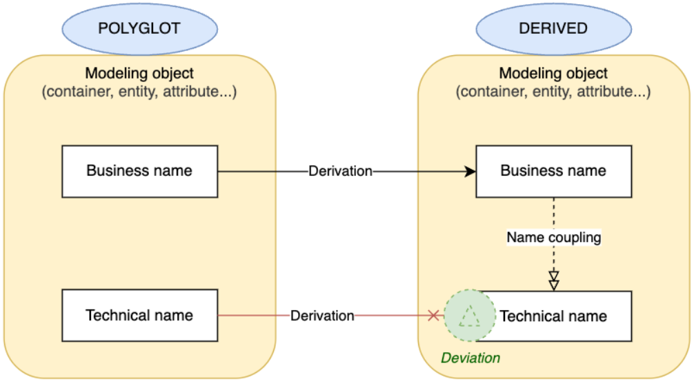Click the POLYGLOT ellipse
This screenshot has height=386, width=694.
point(139,28)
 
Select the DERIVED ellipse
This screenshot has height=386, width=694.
point(554,28)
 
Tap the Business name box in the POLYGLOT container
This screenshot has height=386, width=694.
point(139,171)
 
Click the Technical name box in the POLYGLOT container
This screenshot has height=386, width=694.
point(139,316)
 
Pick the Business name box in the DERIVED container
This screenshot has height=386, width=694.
point(553,171)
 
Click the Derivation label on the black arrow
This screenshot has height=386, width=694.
point(341,171)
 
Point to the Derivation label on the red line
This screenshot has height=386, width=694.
point(322,316)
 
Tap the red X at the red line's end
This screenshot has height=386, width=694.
point(433,316)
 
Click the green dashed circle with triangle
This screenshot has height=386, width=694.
point(470,316)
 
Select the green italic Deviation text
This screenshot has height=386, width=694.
point(470,358)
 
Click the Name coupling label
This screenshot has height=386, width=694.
point(554,237)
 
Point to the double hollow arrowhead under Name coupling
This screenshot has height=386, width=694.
point(553,281)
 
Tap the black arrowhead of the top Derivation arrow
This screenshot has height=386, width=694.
point(470,171)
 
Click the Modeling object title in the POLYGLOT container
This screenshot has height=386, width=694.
point(139,73)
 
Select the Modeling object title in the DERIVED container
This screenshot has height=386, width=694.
point(553,73)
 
